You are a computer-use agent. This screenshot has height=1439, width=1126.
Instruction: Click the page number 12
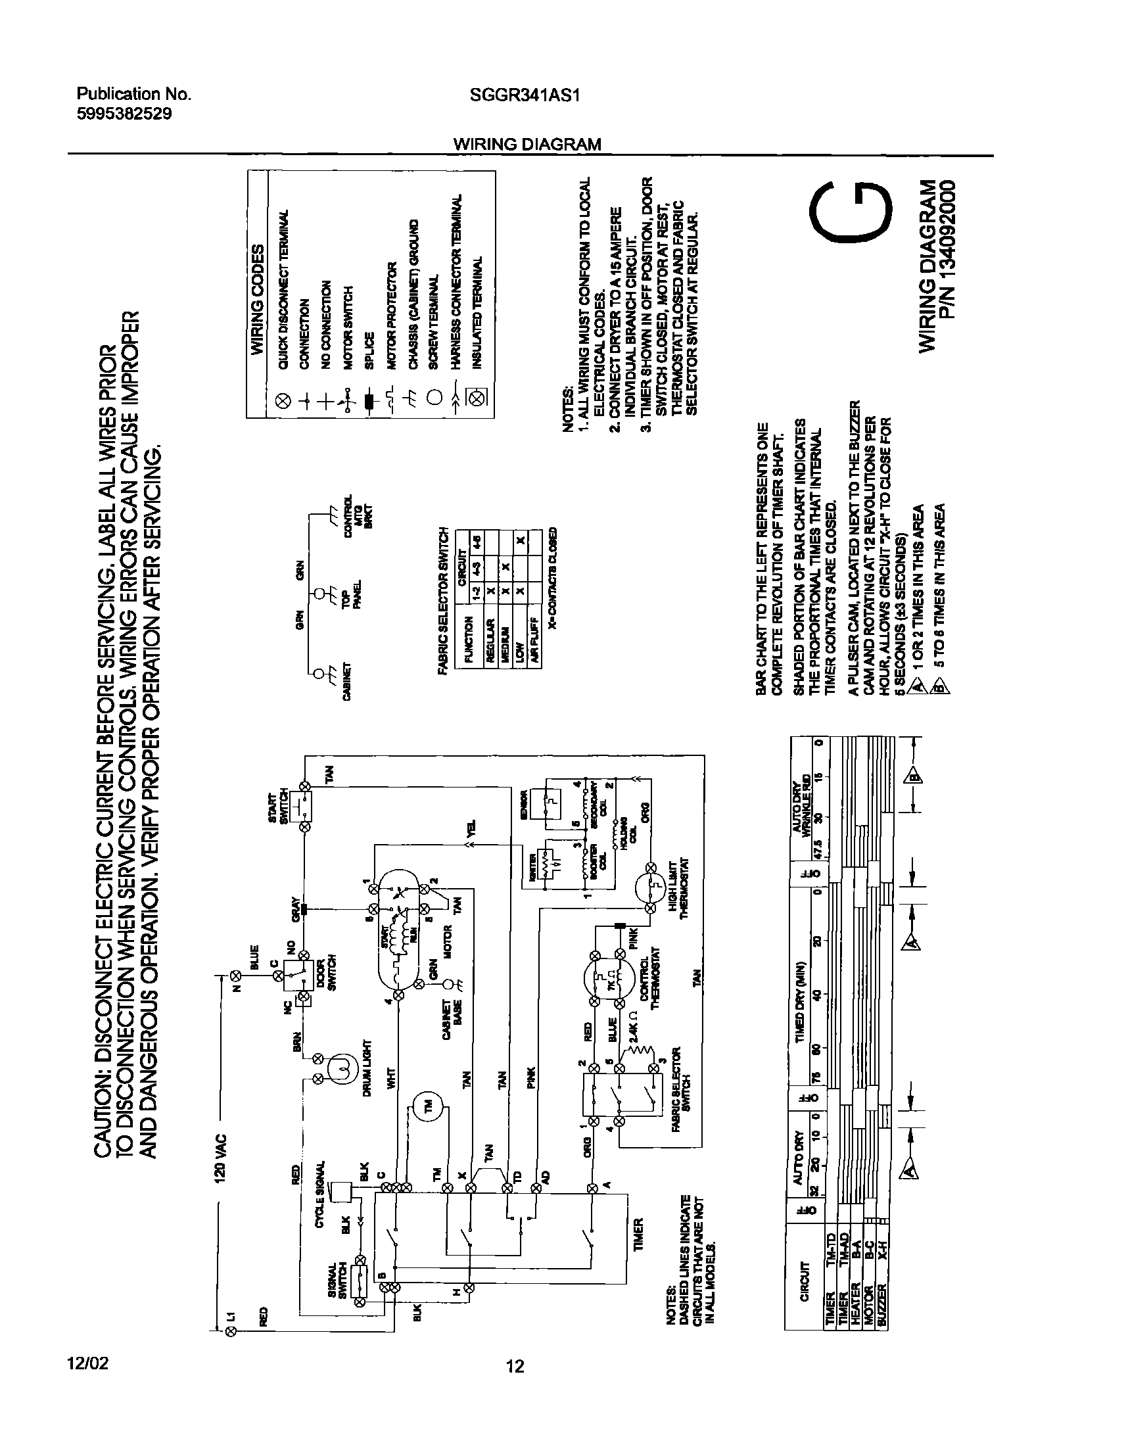515,1367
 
